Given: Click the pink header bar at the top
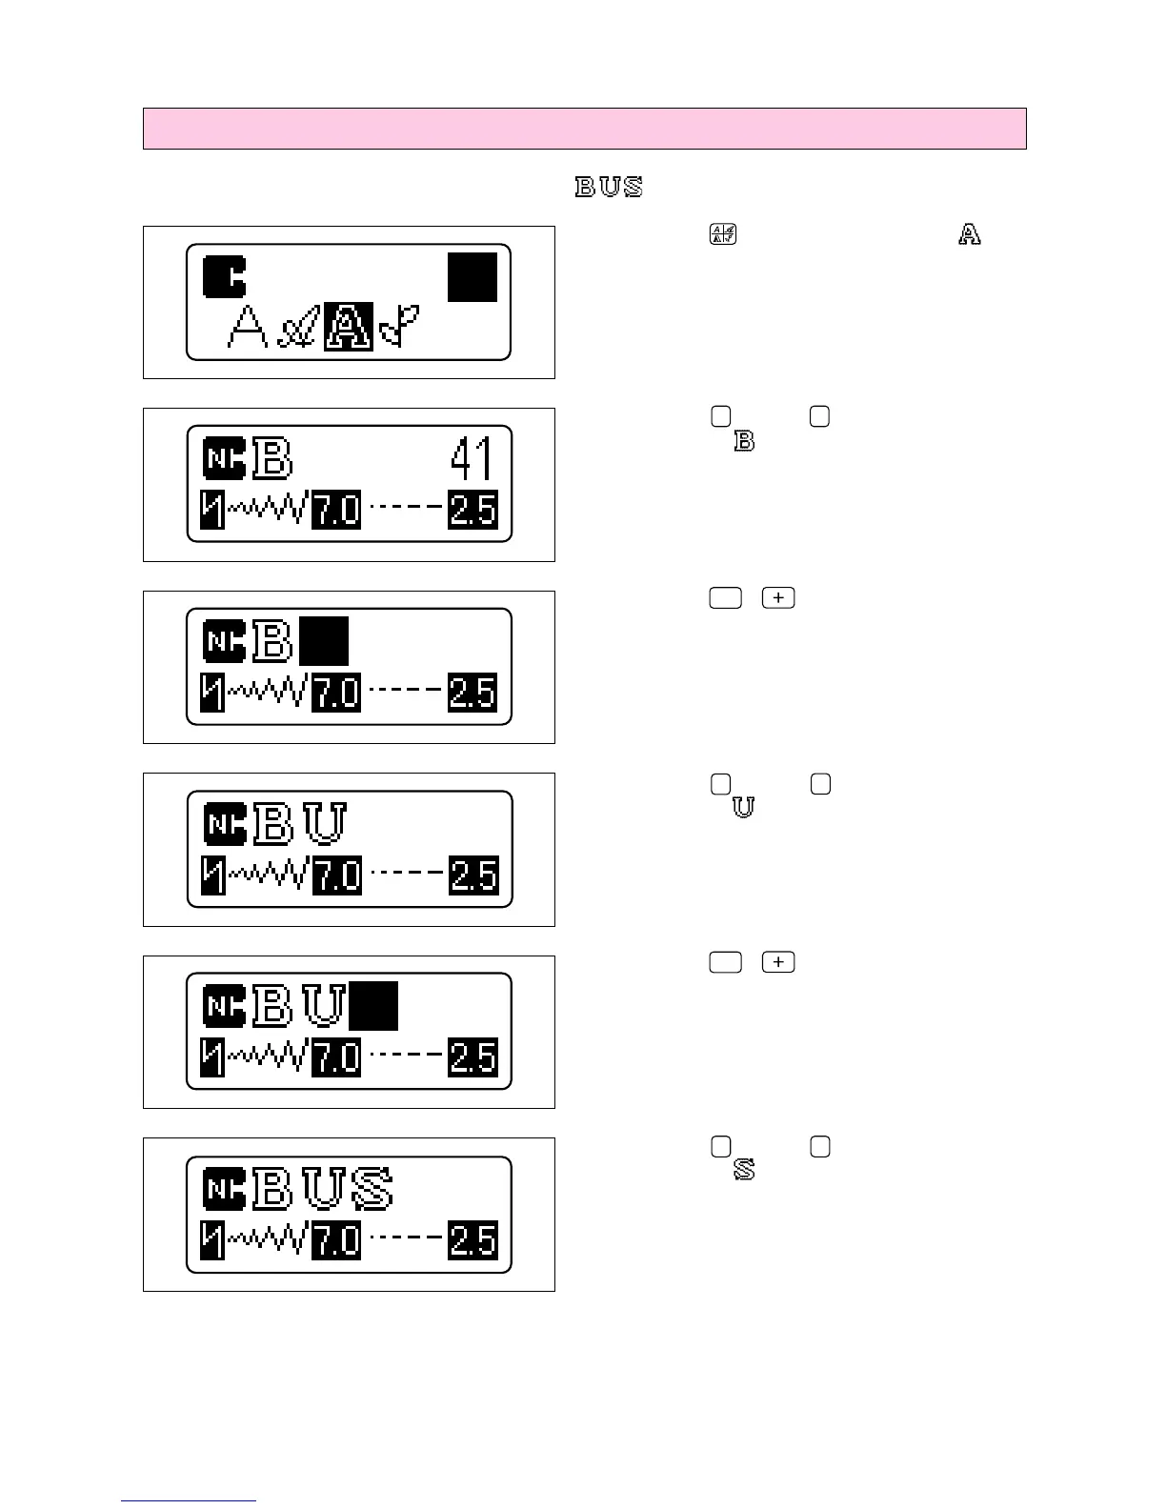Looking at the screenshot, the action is click(584, 129).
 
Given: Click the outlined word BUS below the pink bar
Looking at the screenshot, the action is click(609, 187).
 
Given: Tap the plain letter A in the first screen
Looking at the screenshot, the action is click(247, 328).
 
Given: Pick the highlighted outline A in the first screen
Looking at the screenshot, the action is click(349, 327).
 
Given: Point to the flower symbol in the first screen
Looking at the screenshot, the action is click(400, 328).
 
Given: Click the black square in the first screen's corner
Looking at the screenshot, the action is click(472, 277).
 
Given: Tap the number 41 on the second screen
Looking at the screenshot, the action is click(472, 459).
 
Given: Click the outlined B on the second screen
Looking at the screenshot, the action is click(272, 458).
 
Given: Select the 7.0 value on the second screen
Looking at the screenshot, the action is click(336, 511).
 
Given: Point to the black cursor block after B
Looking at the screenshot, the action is click(324, 641).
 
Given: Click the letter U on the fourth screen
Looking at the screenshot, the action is click(325, 824).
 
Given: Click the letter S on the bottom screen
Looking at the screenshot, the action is click(372, 1190).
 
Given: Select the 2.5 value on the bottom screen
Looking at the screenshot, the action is click(472, 1240).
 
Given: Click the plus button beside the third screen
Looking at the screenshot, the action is click(778, 598).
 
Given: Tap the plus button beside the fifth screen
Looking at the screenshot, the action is click(778, 962).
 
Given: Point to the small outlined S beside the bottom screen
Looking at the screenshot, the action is click(744, 1170).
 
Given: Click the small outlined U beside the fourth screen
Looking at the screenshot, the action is click(743, 807).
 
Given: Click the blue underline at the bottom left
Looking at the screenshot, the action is click(189, 1500).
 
